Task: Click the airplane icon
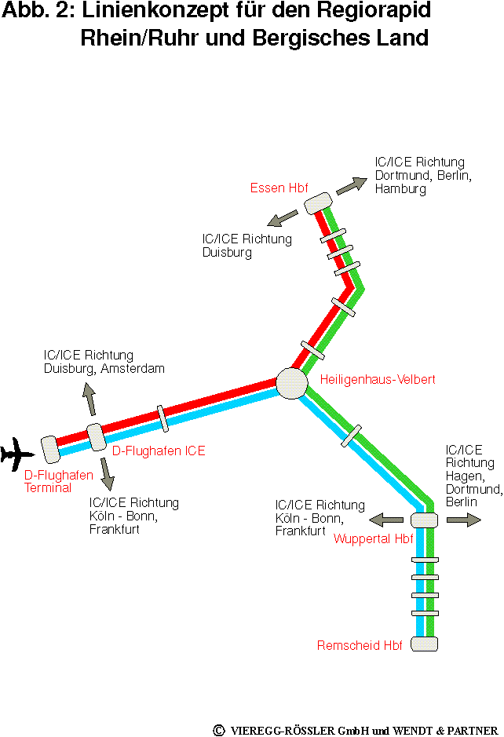(17, 454)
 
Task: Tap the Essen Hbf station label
(279, 188)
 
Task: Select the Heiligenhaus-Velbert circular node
(291, 383)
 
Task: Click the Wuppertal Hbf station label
(374, 538)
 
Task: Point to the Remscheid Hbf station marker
(424, 644)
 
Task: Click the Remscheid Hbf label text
(360, 646)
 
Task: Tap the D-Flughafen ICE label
(159, 451)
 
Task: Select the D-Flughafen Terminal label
(47, 481)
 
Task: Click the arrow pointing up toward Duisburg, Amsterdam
(89, 399)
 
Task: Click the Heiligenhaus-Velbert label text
(378, 380)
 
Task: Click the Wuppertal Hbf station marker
(424, 520)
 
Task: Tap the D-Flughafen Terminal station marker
(51, 449)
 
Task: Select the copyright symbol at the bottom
(219, 730)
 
